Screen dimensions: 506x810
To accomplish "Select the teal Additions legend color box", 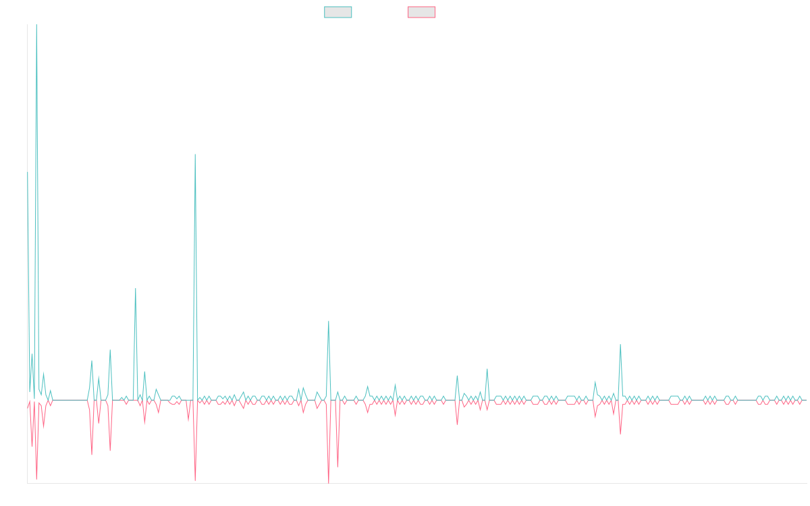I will click(338, 12).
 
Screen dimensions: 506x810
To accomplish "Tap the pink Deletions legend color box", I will click(422, 12).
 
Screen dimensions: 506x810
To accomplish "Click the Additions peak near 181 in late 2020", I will click(195, 154).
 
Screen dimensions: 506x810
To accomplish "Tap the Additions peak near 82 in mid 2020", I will click(136, 289).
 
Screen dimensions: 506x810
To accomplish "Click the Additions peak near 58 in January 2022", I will click(329, 321).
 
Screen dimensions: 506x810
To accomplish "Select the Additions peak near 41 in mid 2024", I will click(620, 345).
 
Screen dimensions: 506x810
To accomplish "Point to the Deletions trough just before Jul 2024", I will click(620, 434).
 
